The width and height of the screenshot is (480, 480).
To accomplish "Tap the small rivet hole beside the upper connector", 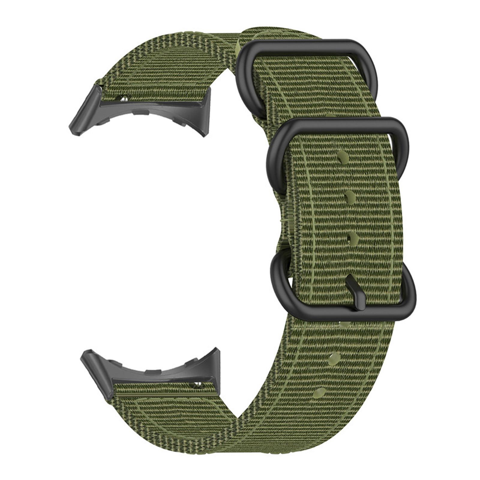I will pos(123,98).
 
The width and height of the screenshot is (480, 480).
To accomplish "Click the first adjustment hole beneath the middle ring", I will pos(343,157).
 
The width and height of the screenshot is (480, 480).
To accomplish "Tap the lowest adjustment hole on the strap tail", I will pos(320,392).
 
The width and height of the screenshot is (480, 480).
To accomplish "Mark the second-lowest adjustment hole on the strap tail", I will pos(334,358).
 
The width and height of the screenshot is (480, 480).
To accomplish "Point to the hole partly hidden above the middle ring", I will pos(330,115).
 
